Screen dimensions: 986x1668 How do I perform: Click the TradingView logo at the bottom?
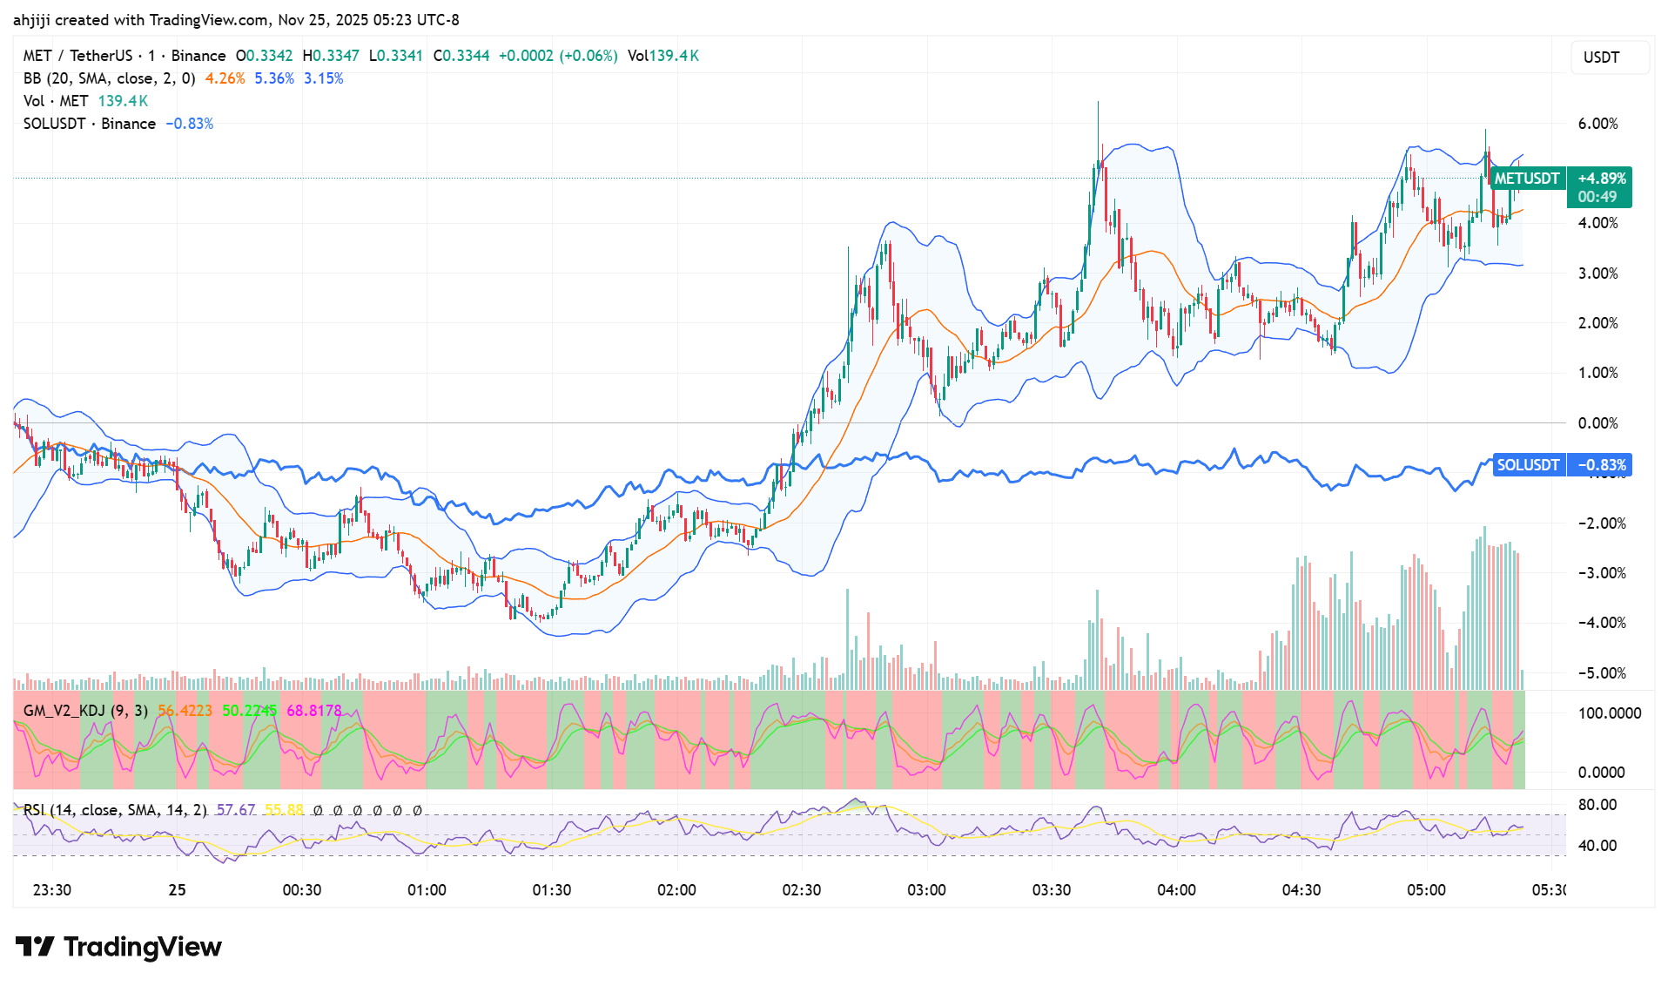pos(119,947)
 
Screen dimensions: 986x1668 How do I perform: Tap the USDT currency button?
pos(1601,57)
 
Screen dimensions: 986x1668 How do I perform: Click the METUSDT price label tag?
pos(1526,179)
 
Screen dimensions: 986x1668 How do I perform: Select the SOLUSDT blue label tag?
pos(1528,465)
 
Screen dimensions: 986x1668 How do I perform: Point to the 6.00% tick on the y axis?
pos(1597,124)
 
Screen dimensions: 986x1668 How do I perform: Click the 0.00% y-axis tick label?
pos(1597,423)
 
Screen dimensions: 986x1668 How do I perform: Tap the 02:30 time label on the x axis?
pos(801,890)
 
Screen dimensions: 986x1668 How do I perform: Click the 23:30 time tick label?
pos(51,890)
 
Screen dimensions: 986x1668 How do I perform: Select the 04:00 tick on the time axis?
pos(1176,890)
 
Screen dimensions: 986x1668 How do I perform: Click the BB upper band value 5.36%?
pos(274,78)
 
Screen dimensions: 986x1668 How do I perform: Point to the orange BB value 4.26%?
pos(225,78)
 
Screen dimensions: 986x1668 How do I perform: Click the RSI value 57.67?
pos(236,810)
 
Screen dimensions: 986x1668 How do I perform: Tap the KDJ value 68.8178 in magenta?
pos(314,711)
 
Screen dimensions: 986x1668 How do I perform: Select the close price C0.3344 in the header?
pos(461,56)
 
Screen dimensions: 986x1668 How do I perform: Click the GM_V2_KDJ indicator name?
pos(64,711)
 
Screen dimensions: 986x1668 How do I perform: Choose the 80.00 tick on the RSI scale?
pos(1597,805)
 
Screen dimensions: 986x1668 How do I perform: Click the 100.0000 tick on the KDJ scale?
pos(1609,713)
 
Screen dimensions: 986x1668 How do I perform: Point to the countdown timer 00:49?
pos(1597,197)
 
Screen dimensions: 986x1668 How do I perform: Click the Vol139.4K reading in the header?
pos(663,56)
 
